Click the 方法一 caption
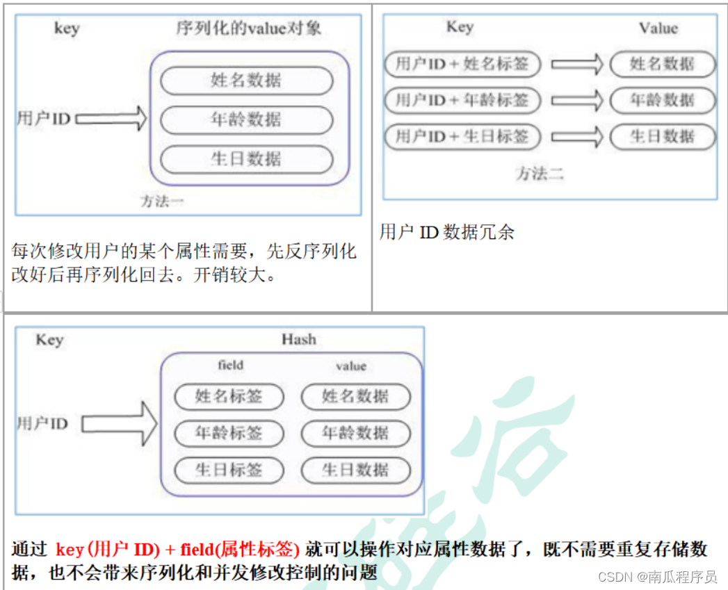click(162, 202)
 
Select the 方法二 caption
click(540, 174)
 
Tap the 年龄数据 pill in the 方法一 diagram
click(246, 120)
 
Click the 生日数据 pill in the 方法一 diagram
click(246, 159)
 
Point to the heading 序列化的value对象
click(248, 29)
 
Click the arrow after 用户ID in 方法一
click(111, 119)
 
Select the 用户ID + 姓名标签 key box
click(462, 65)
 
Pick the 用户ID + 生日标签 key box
click(462, 136)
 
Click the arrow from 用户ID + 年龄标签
click(576, 100)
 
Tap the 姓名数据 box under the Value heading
click(662, 65)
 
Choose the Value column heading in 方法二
click(658, 28)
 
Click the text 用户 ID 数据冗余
click(447, 232)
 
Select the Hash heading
click(298, 340)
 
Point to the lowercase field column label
click(230, 365)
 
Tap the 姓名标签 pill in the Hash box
click(229, 397)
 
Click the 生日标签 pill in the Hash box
click(229, 470)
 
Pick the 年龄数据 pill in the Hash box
click(355, 433)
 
